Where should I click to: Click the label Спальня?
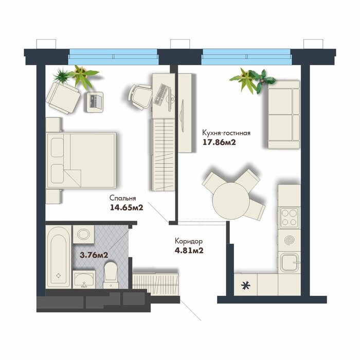[x=122, y=198]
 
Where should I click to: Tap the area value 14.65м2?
[x=127, y=208]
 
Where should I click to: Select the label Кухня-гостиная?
[x=226, y=133]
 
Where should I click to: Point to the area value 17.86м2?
[x=219, y=142]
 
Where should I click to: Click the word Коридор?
[x=189, y=241]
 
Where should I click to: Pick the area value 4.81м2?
[x=189, y=250]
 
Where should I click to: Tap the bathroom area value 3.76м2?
[x=94, y=255]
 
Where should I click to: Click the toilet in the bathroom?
[x=111, y=275]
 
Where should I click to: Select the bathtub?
[x=58, y=257]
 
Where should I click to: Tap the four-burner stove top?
[x=289, y=218]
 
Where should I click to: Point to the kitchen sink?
[x=289, y=262]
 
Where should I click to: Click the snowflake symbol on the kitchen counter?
[x=245, y=285]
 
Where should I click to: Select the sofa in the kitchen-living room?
[x=284, y=114]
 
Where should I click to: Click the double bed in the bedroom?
[x=81, y=160]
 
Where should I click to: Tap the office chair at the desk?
[x=140, y=96]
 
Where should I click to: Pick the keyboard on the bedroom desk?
[x=160, y=94]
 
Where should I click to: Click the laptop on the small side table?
[x=95, y=102]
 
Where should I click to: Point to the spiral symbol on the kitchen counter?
[x=289, y=240]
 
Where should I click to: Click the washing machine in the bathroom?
[x=83, y=234]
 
